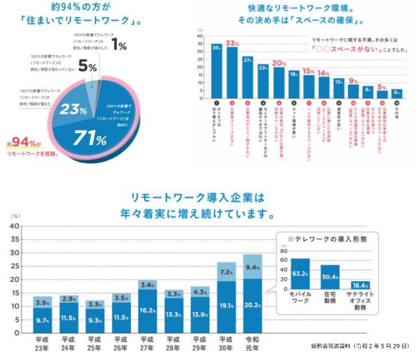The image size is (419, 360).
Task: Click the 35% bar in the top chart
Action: pyautogui.click(x=217, y=72)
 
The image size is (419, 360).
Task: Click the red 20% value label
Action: pyautogui.click(x=278, y=63)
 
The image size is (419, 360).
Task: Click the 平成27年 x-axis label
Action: pyautogui.click(x=147, y=343)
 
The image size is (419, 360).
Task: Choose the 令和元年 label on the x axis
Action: pyautogui.click(x=252, y=343)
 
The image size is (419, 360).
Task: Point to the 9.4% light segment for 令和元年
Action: pyautogui.click(x=252, y=266)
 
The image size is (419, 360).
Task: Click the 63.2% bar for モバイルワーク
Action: pyautogui.click(x=300, y=274)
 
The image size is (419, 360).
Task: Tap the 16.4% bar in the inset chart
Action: pyautogui.click(x=360, y=285)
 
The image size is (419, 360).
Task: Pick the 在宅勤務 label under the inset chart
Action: pyautogui.click(x=330, y=298)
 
